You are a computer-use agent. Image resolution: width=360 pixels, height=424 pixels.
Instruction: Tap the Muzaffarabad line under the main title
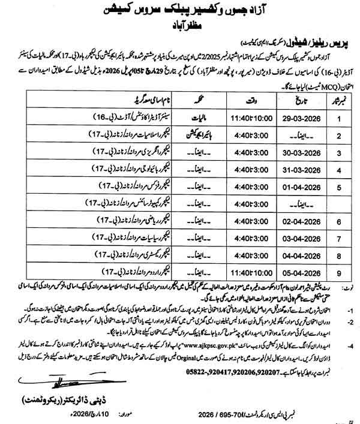[180, 26]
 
